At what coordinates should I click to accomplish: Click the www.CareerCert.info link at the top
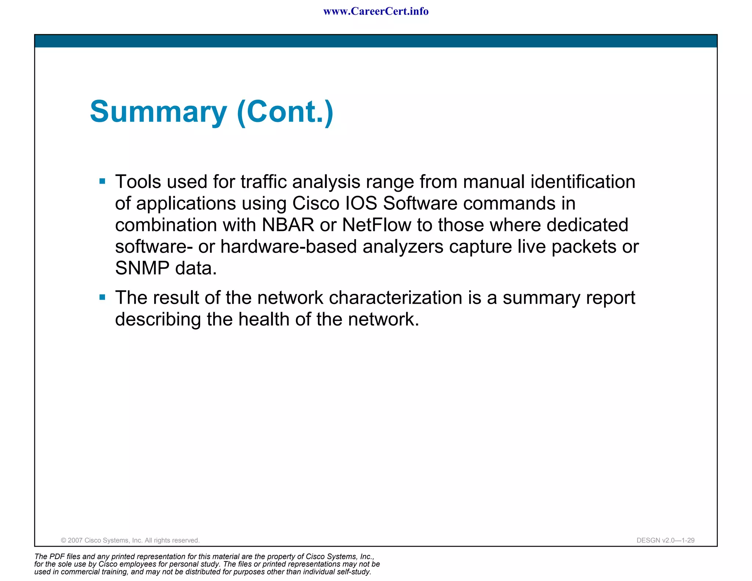coord(376,11)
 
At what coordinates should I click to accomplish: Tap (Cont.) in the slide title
coord(285,112)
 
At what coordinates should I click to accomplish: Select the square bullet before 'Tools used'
coord(102,181)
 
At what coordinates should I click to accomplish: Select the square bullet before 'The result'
coord(102,297)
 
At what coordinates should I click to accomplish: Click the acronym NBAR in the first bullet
coord(288,225)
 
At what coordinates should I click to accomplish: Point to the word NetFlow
coord(376,225)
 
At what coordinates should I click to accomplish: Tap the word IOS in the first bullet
coord(361,203)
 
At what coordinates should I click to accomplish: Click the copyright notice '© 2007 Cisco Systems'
coord(130,540)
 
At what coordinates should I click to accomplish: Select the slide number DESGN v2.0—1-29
coord(665,540)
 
